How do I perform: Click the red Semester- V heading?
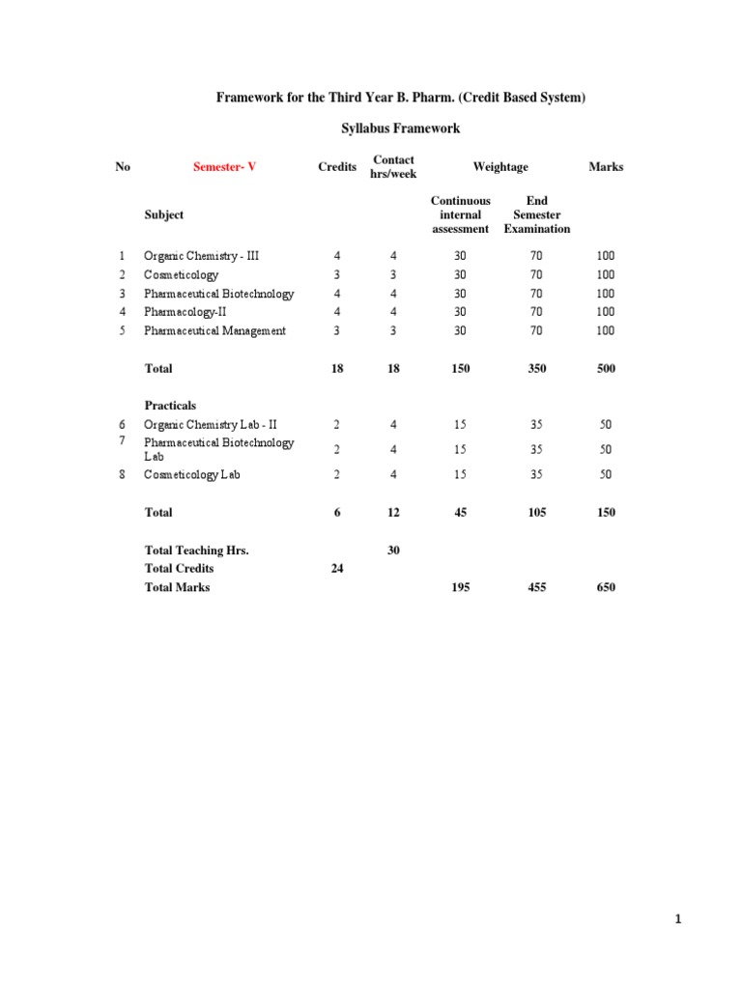(x=224, y=167)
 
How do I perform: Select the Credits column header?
(x=337, y=167)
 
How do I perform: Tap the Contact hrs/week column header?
(x=393, y=167)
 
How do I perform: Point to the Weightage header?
(x=500, y=167)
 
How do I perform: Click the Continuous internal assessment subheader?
(x=461, y=214)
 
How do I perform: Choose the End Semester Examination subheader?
(x=537, y=214)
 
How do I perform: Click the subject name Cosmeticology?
(x=182, y=275)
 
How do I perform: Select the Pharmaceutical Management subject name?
(x=214, y=330)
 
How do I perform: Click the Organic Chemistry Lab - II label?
(x=211, y=424)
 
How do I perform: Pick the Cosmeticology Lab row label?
(x=192, y=474)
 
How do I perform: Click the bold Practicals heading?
(x=170, y=406)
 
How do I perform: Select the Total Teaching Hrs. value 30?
(x=393, y=550)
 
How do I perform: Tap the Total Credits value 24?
(x=337, y=569)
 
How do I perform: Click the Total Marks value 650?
(x=606, y=587)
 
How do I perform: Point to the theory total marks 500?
(x=606, y=368)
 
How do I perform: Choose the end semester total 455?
(x=537, y=587)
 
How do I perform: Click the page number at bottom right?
(x=678, y=919)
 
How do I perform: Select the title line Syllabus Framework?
(x=400, y=127)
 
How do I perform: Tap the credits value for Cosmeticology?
(x=337, y=275)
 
